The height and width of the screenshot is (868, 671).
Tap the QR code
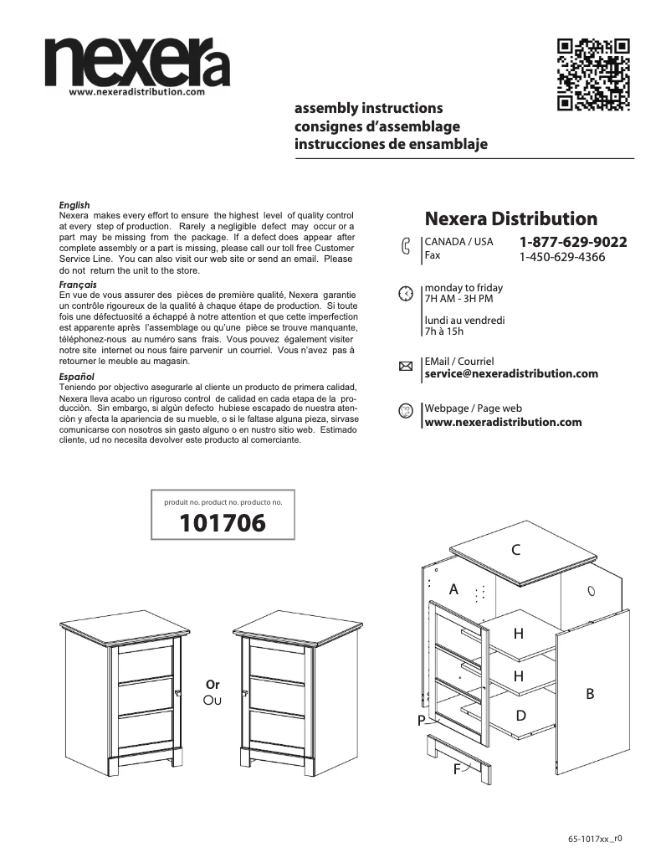pos(593,74)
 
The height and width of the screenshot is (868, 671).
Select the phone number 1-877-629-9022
pos(573,242)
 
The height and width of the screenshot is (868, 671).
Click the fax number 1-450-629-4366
pos(561,257)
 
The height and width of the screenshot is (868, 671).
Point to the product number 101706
pos(223,524)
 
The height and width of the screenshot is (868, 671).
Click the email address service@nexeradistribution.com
pos(511,373)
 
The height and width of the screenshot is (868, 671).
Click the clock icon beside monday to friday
pos(405,294)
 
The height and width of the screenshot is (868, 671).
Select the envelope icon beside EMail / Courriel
pos(406,367)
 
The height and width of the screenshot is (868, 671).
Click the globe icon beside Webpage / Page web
pos(405,411)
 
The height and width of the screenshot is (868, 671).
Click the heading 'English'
pos(74,205)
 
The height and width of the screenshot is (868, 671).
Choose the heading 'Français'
pos(77,285)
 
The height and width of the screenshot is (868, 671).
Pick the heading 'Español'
pos(76,377)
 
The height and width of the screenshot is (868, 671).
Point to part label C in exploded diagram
pos(516,550)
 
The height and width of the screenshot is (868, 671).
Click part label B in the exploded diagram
pos(590,694)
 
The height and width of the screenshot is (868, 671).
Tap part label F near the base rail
pos(458,769)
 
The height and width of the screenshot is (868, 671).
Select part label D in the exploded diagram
pos(520,716)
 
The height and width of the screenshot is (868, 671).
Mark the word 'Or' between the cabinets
pos(213,684)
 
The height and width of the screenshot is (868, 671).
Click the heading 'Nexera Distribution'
pos(511,219)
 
